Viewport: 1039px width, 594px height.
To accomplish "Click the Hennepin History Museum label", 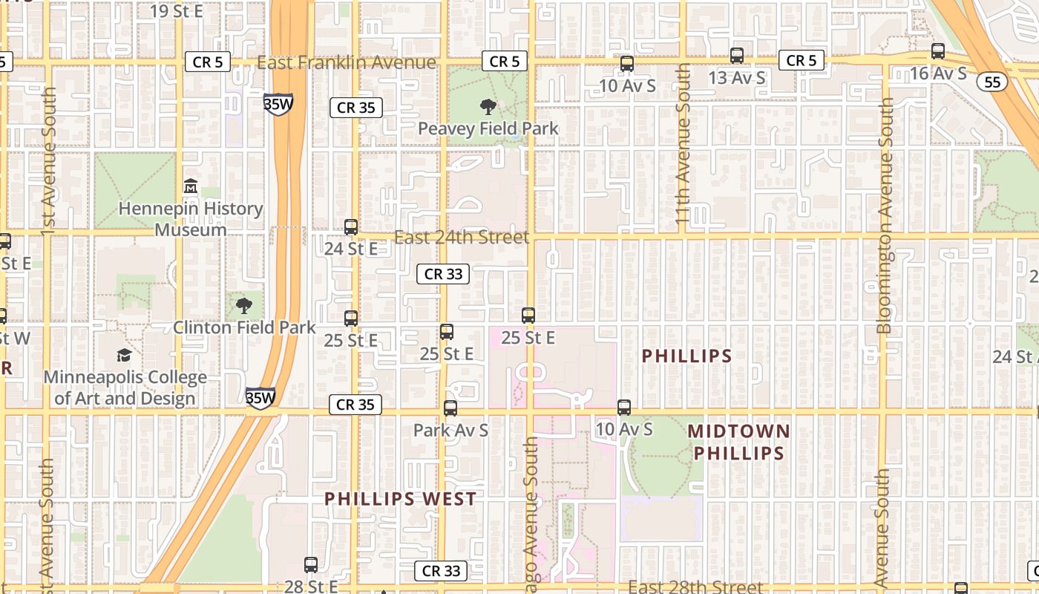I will (191, 219).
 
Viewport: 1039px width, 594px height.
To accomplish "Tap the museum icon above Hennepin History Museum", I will (191, 185).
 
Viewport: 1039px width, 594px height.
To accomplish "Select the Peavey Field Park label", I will (488, 128).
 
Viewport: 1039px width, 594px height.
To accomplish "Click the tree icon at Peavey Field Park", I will (488, 107).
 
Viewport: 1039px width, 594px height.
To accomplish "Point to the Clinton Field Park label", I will (244, 327).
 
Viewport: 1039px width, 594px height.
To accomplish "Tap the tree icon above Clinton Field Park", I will (243, 304).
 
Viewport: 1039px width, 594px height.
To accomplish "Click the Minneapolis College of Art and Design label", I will (125, 388).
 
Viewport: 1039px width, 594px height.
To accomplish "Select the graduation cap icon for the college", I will (124, 356).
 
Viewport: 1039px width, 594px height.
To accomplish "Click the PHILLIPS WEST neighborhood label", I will (401, 499).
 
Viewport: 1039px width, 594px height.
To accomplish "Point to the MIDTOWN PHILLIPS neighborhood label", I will (739, 442).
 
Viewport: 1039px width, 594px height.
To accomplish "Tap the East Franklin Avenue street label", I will (346, 62).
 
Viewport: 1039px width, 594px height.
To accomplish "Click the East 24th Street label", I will (461, 238).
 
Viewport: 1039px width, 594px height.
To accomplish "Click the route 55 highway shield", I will (992, 81).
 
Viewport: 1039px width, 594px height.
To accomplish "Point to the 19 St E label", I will (177, 10).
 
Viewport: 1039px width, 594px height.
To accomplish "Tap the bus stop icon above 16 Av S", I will (938, 51).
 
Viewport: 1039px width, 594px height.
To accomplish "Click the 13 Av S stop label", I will (736, 78).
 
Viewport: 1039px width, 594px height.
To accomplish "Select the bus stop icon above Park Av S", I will (450, 408).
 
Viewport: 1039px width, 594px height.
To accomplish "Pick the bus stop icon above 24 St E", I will (351, 227).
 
